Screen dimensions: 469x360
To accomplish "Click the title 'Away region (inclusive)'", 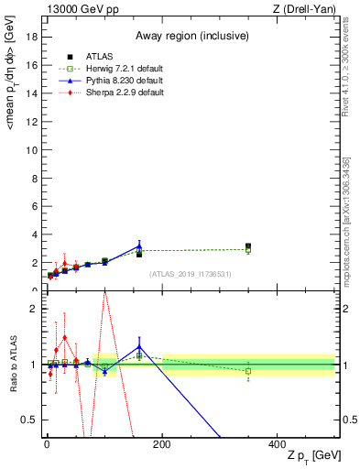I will tap(190, 36).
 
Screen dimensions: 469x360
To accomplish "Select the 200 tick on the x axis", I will tap(162, 444).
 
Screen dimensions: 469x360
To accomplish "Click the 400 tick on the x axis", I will tap(277, 444).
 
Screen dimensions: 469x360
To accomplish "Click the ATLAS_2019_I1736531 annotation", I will tap(190, 273).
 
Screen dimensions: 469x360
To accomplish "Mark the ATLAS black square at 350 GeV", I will tap(248, 246).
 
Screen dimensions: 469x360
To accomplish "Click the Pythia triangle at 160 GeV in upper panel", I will tap(139, 246).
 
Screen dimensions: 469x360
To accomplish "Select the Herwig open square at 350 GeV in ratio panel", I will tap(248, 371).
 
